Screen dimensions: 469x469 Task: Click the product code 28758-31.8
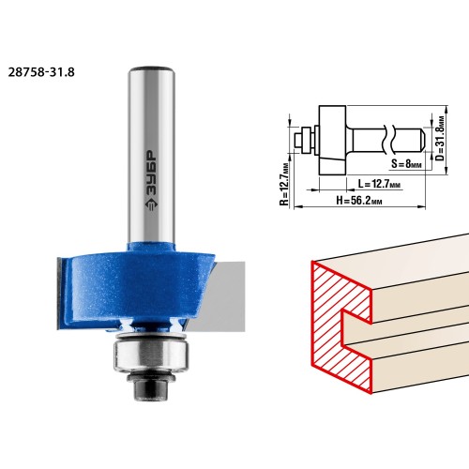click(41, 72)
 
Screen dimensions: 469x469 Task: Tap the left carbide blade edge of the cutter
click(61, 293)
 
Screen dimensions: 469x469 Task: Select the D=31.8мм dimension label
click(440, 138)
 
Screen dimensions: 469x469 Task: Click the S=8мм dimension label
click(406, 163)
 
